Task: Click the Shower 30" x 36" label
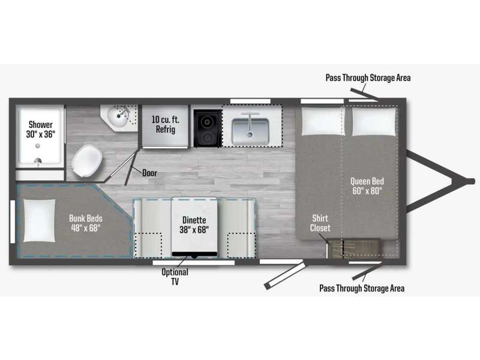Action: (40, 129)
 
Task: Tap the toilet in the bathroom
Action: (87, 161)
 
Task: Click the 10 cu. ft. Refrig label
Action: (166, 124)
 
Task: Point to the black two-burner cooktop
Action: (207, 128)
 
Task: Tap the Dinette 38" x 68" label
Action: (194, 224)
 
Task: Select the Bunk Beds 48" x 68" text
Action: (85, 223)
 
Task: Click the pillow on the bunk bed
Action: (40, 220)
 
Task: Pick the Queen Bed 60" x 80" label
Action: (367, 186)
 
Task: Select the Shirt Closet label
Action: (320, 223)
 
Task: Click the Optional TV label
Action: (175, 277)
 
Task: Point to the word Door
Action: (149, 173)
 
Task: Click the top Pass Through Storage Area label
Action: (368, 78)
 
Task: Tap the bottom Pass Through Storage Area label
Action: (362, 288)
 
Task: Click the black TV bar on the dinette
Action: (194, 254)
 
